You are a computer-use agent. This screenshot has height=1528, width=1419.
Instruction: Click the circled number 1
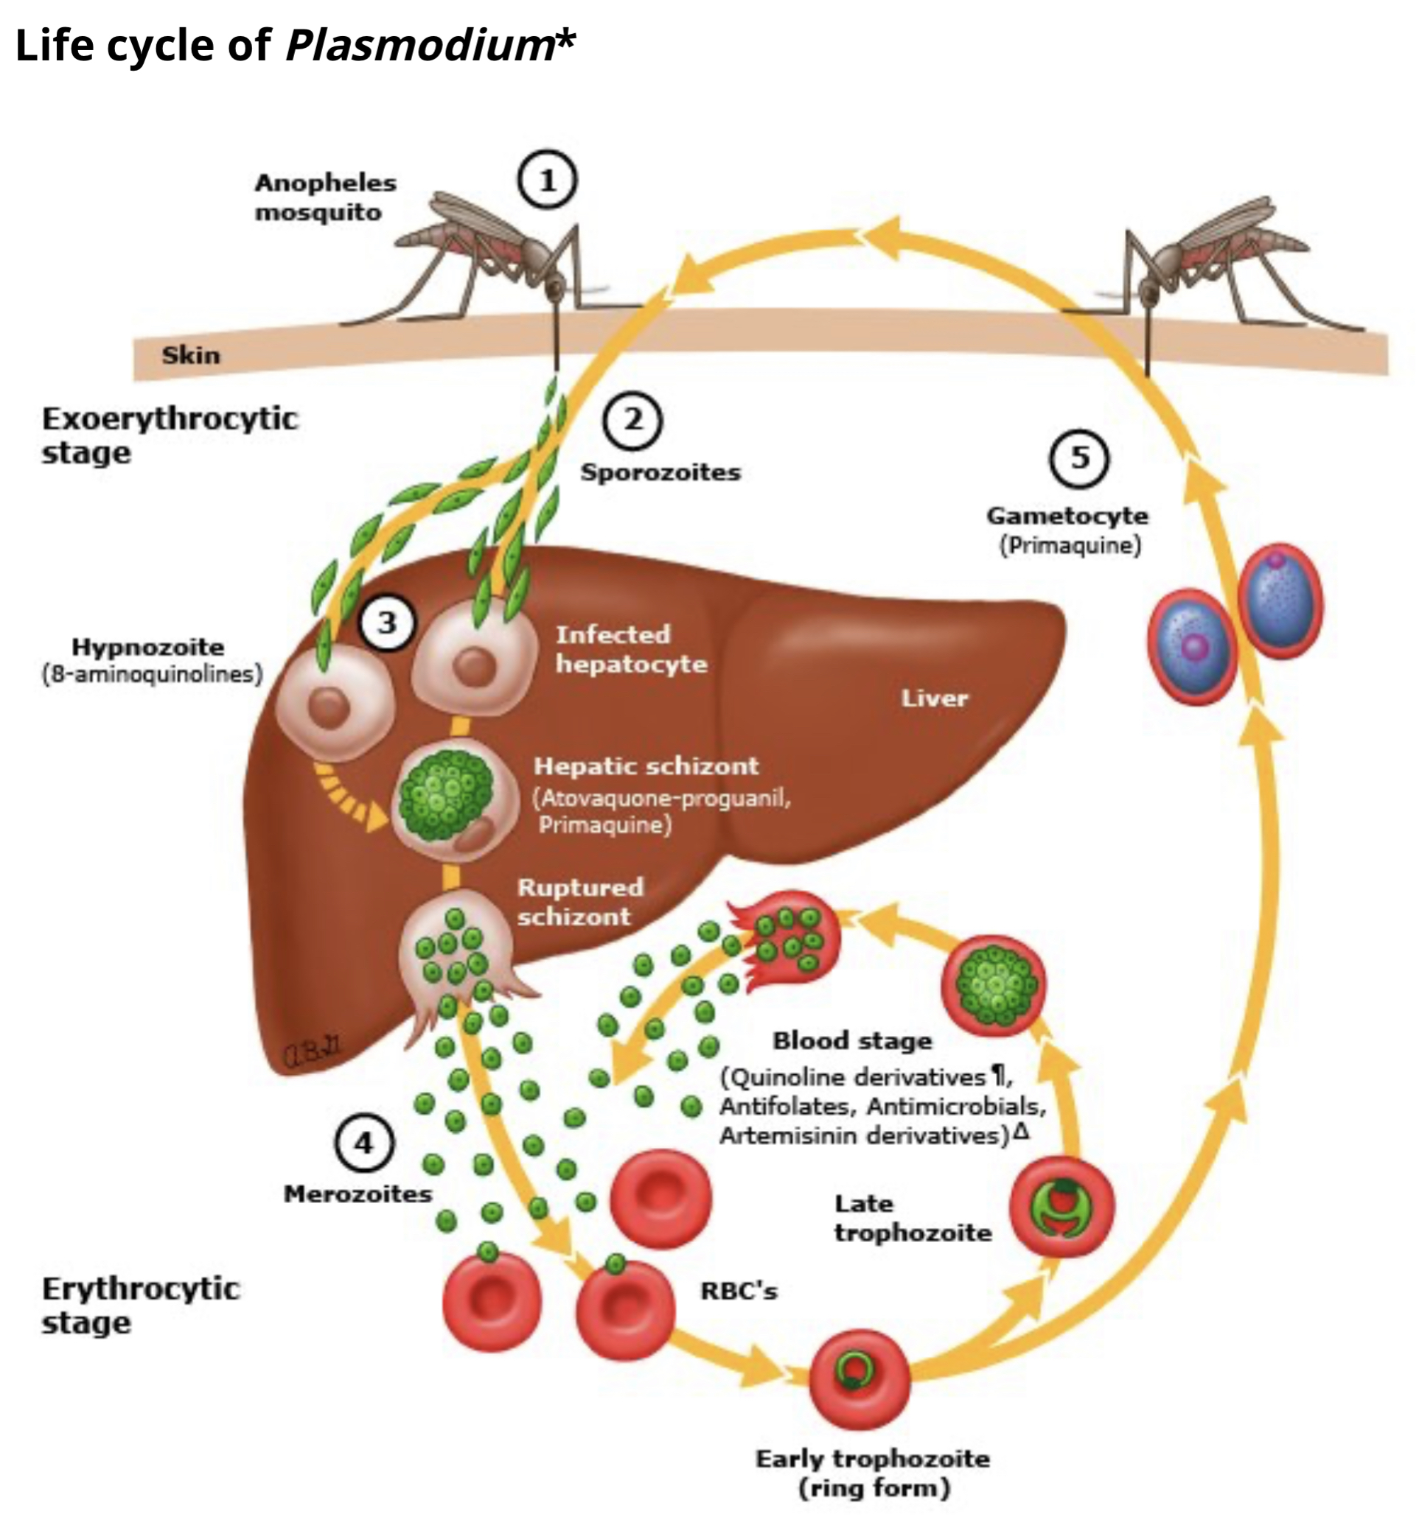(x=547, y=181)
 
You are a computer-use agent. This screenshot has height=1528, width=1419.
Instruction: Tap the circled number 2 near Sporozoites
(x=632, y=420)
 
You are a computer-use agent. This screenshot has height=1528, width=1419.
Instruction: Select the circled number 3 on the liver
(x=387, y=622)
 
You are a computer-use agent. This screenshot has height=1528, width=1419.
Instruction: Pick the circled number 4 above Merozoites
(x=364, y=1143)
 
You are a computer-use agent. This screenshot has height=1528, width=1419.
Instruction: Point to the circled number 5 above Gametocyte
(x=1079, y=458)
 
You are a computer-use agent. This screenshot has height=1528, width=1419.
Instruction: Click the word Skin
(x=190, y=355)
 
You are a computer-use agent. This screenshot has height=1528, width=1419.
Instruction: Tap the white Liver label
(x=934, y=698)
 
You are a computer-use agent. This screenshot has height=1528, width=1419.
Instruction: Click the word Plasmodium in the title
(x=419, y=44)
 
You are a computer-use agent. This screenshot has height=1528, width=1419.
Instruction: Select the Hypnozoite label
(x=148, y=647)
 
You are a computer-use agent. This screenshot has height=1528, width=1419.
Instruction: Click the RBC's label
(x=739, y=1291)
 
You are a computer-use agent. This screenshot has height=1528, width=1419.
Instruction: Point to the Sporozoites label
(x=660, y=472)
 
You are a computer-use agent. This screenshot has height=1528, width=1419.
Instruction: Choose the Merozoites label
(x=358, y=1194)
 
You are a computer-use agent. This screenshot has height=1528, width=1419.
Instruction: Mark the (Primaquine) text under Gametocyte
(x=1070, y=546)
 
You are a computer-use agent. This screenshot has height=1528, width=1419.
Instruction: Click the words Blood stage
(x=852, y=1041)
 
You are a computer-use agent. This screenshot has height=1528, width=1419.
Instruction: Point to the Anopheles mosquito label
(x=326, y=197)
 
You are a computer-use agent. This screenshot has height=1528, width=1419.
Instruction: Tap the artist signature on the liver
(x=314, y=1054)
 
